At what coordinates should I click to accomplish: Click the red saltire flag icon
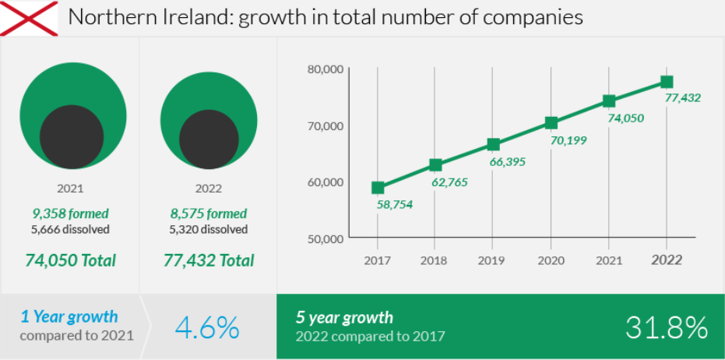(x=29, y=18)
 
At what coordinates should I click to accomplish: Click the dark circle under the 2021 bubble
(x=72, y=136)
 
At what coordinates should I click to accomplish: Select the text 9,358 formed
(x=70, y=214)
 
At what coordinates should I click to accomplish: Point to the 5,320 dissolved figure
(x=209, y=230)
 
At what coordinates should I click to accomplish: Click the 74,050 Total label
(x=70, y=260)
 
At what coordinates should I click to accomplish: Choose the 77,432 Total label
(x=209, y=260)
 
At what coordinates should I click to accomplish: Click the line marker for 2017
(x=378, y=187)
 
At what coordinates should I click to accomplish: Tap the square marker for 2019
(x=493, y=144)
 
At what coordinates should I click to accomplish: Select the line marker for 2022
(x=667, y=82)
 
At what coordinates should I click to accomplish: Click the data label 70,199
(x=569, y=140)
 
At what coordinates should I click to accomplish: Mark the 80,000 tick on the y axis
(x=326, y=69)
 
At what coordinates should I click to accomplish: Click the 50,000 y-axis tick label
(x=326, y=238)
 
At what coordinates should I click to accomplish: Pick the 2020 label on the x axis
(x=551, y=260)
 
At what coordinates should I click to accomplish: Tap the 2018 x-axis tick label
(x=435, y=260)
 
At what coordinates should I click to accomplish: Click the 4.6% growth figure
(x=207, y=328)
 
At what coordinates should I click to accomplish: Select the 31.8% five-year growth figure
(x=667, y=328)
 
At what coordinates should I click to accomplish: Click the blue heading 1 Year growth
(x=69, y=316)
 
